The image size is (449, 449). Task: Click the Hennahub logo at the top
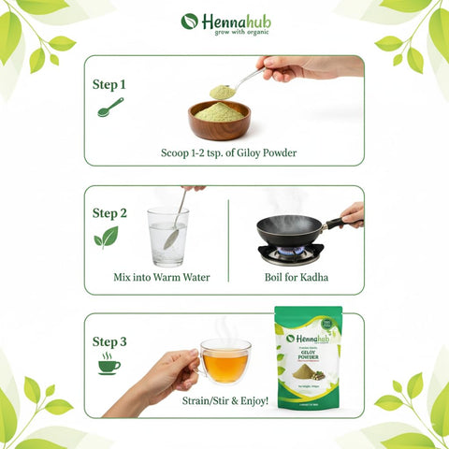click(224, 21)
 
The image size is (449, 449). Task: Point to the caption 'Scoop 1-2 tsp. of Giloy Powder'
click(224, 152)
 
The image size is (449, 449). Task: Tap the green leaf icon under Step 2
click(106, 238)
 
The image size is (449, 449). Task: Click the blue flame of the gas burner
click(291, 252)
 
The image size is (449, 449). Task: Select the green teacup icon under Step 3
click(109, 364)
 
